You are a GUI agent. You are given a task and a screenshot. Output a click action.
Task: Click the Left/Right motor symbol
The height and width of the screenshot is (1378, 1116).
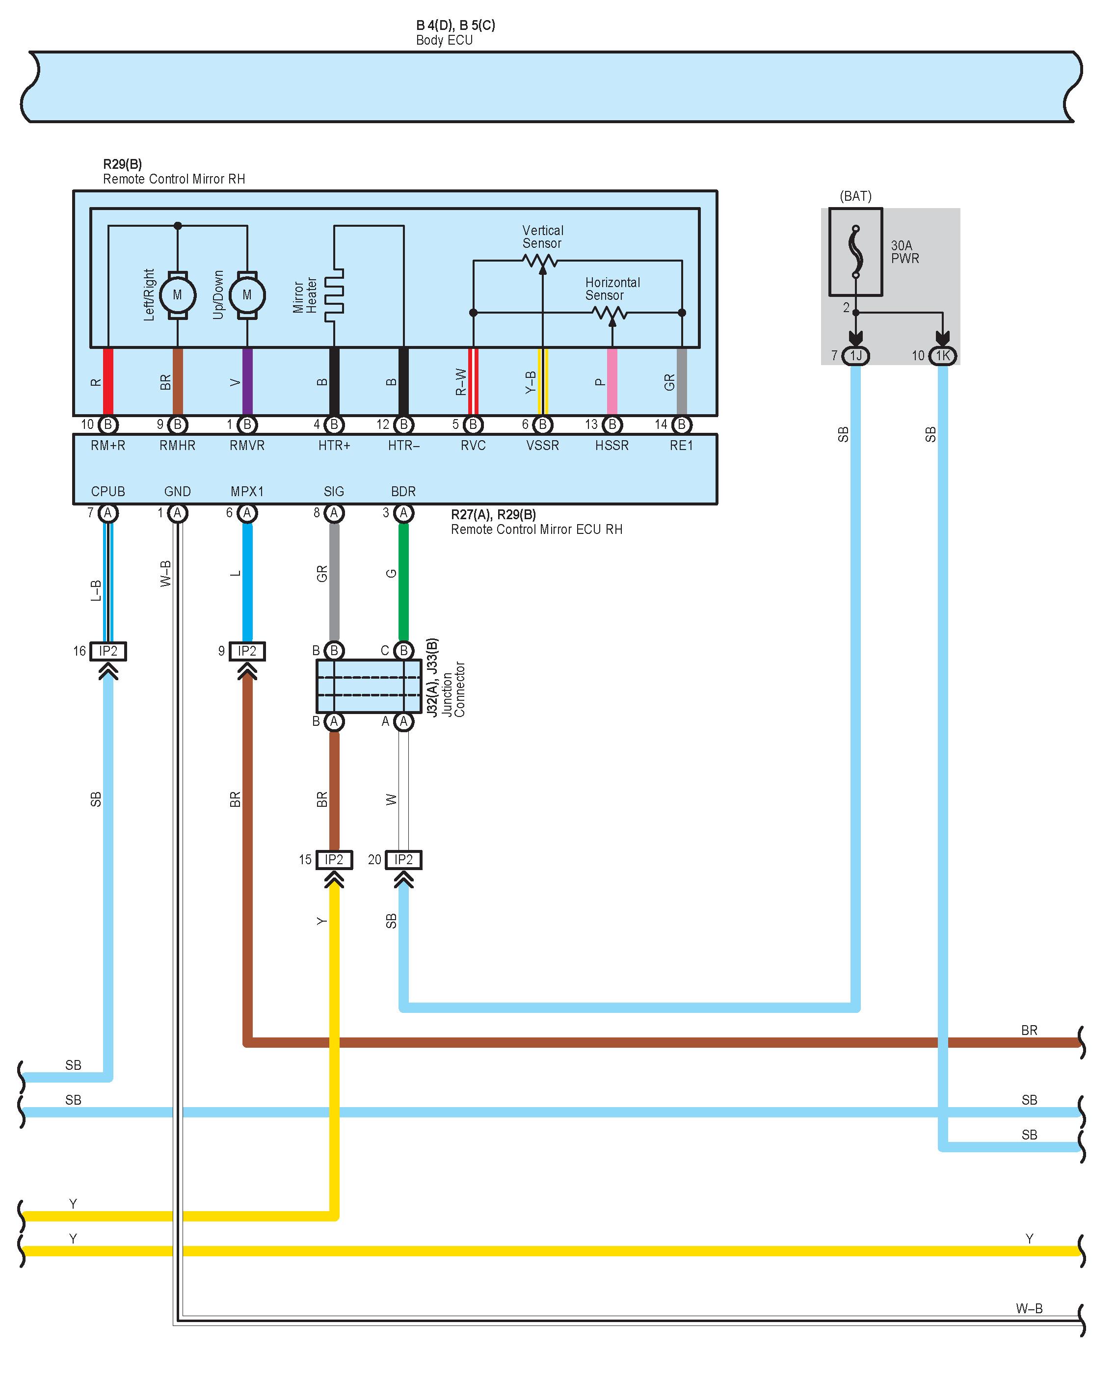point(178,295)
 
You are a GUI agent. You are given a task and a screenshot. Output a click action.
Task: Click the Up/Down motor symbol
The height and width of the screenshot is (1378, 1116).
point(247,295)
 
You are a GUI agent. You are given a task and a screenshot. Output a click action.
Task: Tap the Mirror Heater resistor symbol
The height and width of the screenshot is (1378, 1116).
point(334,295)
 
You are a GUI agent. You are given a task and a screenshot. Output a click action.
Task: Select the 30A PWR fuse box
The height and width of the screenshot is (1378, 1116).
point(855,251)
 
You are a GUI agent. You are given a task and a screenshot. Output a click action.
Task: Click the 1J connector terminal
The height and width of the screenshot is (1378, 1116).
point(855,355)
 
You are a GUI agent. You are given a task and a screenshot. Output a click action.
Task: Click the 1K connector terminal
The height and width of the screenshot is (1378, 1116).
point(942,355)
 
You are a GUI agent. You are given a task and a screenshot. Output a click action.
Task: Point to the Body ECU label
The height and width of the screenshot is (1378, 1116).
point(444,40)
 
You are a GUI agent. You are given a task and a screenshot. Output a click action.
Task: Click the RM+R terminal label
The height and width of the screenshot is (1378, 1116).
point(108,446)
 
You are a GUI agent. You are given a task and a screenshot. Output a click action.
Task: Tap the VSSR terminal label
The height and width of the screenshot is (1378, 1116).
point(543,446)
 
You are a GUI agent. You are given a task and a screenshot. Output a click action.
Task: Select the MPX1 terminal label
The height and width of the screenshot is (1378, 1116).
point(247,492)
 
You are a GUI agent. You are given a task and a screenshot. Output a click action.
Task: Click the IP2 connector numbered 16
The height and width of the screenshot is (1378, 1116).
point(108,651)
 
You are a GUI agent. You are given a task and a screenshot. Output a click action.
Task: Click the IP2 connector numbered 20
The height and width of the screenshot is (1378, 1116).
point(403,860)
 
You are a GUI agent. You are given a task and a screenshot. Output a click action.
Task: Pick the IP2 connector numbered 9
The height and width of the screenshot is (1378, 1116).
point(247,651)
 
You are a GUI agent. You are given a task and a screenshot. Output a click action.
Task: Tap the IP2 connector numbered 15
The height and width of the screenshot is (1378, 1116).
point(334,860)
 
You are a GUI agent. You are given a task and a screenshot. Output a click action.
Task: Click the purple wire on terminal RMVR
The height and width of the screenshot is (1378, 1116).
point(247,382)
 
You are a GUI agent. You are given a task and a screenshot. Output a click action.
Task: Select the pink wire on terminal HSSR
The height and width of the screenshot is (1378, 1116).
point(612,382)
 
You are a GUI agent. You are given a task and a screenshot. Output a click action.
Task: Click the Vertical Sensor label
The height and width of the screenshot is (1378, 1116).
point(543,237)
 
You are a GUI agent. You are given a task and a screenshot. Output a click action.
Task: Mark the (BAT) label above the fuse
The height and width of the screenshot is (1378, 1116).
point(855,196)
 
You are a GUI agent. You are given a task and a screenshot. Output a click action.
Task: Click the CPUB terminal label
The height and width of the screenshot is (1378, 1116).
point(108,492)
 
